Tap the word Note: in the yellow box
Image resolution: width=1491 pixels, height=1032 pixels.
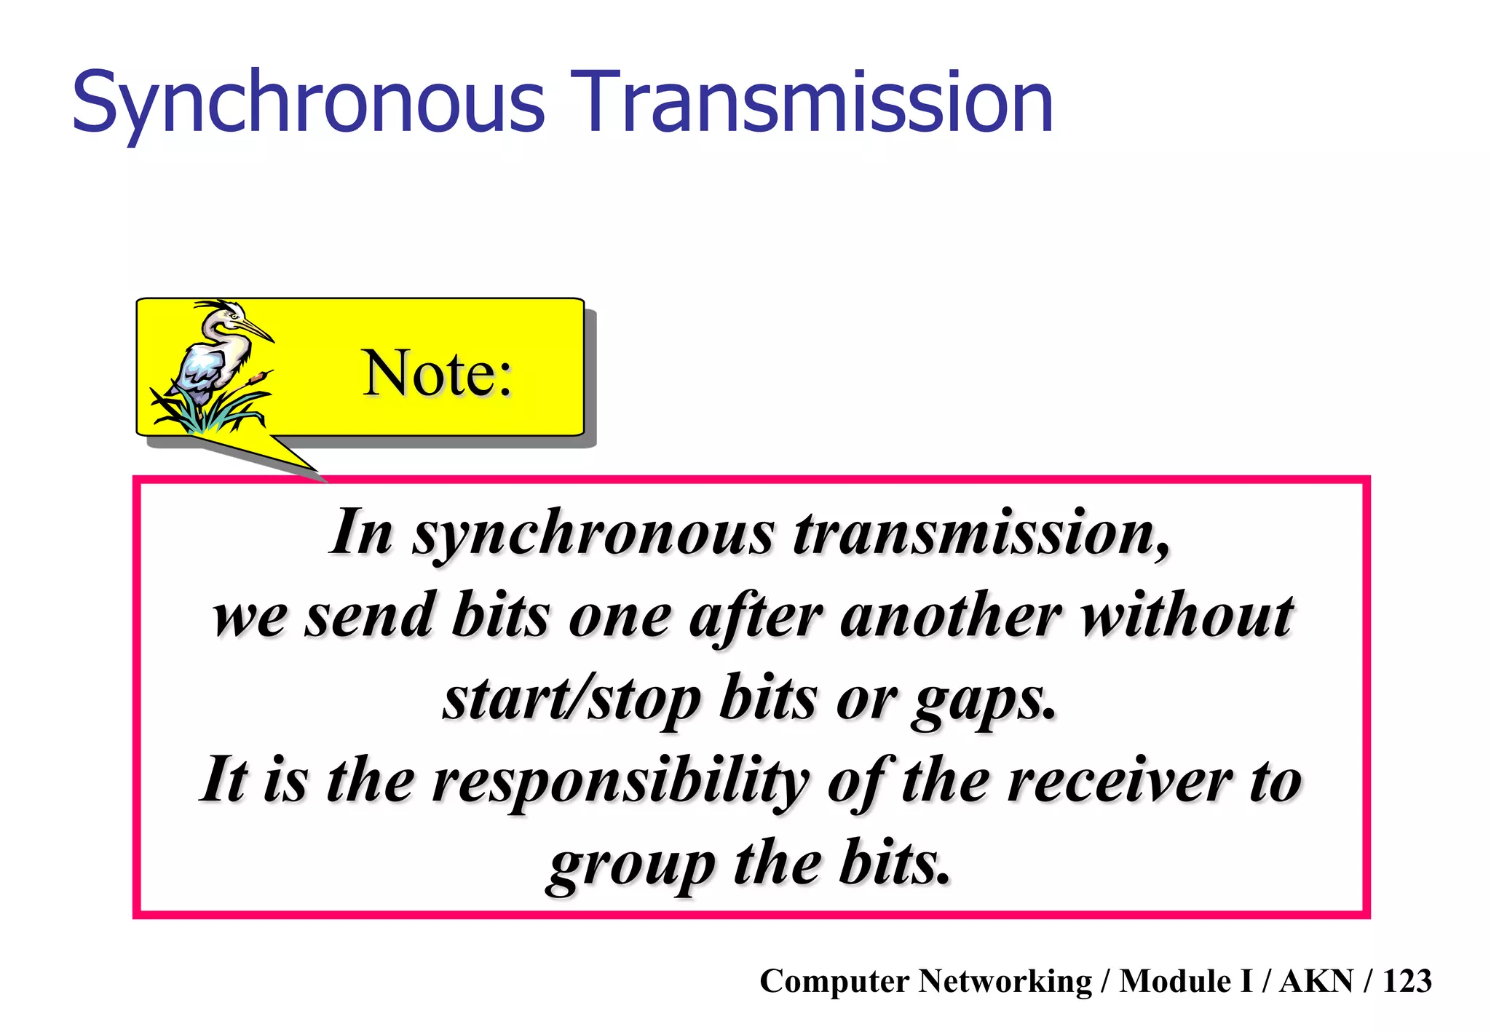point(437,373)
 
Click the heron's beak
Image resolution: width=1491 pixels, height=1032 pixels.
point(257,330)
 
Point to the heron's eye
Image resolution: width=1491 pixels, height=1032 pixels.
point(235,315)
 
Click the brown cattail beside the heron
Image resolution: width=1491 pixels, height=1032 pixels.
point(256,379)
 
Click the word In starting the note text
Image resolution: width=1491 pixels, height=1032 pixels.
point(361,532)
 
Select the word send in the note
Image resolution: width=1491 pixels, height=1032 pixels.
point(368,616)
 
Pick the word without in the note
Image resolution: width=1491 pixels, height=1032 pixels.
point(1187,616)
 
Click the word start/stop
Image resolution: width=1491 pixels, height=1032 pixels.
point(572,699)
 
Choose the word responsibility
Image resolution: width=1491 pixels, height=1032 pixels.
point(620,781)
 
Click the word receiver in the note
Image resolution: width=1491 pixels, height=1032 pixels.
point(1120,781)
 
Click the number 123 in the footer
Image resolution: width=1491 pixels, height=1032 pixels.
point(1407,981)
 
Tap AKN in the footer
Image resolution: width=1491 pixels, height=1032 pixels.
point(1316,981)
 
